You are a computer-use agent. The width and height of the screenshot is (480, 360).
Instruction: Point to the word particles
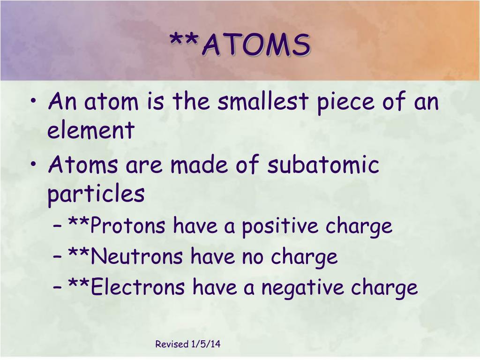coord(96,194)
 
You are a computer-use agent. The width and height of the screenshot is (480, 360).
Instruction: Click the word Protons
coord(127,226)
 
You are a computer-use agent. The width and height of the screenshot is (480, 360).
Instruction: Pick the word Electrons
coord(138,287)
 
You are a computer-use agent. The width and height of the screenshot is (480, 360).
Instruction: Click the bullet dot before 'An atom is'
coord(37,103)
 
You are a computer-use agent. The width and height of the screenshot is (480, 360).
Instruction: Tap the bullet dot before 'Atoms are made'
coord(37,166)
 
